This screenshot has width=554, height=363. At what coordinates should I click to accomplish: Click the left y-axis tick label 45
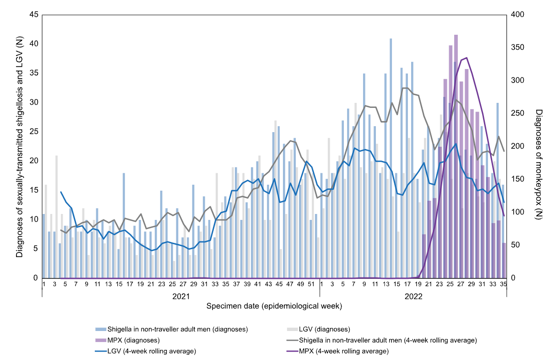coord(33,15)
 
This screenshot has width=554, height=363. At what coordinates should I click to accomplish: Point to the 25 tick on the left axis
coord(33,132)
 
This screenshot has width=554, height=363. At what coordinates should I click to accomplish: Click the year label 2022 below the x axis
coord(413,296)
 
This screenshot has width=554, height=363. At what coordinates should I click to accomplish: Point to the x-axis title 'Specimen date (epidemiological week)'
coord(274,305)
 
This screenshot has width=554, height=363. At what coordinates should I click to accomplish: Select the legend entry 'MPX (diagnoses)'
coord(133,341)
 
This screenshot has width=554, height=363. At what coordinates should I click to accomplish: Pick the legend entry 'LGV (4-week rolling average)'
coord(152,352)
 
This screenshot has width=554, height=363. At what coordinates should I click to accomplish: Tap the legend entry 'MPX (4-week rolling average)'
coord(343,352)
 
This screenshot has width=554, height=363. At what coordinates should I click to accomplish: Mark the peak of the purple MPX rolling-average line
coord(466,58)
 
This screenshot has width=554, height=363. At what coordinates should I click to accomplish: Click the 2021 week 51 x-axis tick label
coord(311,284)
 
